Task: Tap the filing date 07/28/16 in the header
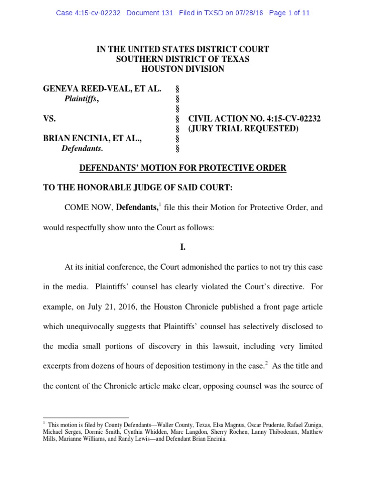point(248,13)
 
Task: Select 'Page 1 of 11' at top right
point(289,13)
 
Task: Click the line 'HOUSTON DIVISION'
point(183,69)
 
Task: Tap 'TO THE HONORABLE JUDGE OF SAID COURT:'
point(138,188)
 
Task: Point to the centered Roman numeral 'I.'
point(183,248)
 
